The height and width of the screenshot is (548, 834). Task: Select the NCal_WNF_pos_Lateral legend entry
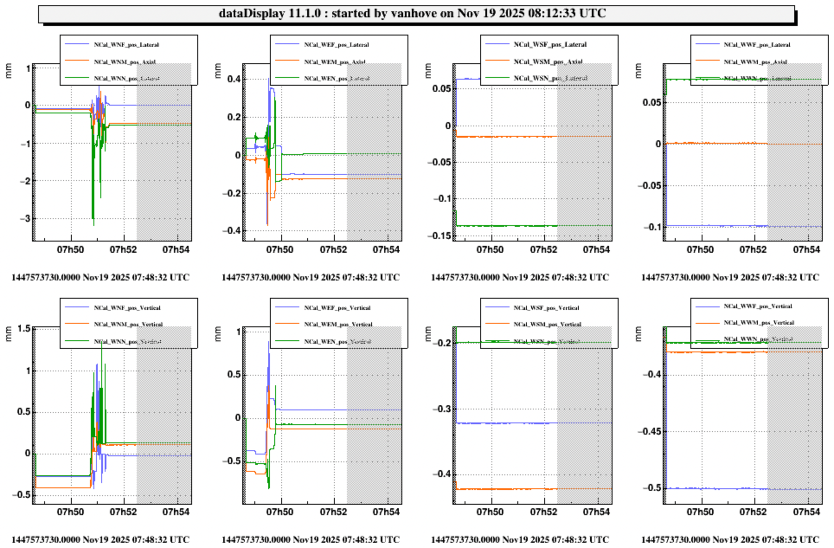[126, 45]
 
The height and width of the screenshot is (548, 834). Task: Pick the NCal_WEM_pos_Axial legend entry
[334, 62]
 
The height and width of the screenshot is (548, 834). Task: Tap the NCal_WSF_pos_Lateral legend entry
[550, 44]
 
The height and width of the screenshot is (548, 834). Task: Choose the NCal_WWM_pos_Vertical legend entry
[759, 322]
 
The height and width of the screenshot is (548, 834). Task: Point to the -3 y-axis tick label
[26, 219]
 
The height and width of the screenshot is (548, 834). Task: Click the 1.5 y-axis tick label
[24, 329]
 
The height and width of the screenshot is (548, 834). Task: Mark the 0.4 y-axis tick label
[234, 79]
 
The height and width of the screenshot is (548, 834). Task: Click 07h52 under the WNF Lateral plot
[123, 250]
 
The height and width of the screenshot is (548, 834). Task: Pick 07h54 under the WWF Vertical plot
[806, 512]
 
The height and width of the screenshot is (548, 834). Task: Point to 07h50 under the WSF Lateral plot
[490, 250]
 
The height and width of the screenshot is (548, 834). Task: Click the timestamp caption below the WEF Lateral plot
[311, 277]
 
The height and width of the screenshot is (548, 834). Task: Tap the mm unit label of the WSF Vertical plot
[428, 333]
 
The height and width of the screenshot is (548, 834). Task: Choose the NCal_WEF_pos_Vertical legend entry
[337, 308]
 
